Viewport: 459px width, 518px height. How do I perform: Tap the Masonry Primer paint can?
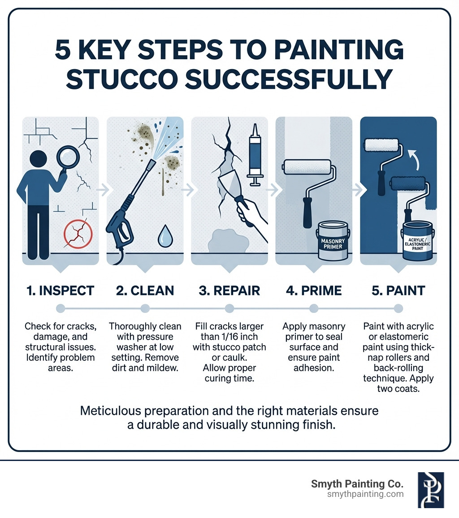coord(332,241)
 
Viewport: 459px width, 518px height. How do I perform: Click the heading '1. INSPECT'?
coord(60,290)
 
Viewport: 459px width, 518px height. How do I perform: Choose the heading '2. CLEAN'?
coord(145,290)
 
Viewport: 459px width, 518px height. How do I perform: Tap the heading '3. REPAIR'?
coord(229,290)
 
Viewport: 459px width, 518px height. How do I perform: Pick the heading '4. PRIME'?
coord(313,290)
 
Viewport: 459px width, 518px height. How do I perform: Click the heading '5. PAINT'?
coord(398,290)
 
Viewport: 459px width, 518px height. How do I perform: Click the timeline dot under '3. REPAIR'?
coord(229,308)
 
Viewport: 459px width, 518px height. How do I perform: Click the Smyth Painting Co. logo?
coord(430,490)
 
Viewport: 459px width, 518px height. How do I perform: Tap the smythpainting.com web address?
coord(365,494)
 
